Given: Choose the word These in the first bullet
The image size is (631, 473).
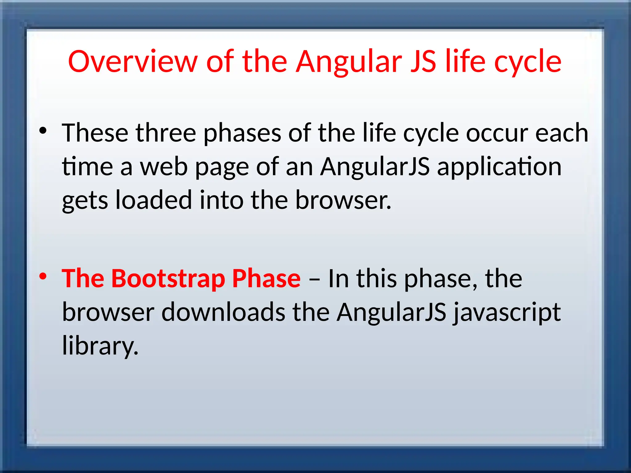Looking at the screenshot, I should [x=95, y=133].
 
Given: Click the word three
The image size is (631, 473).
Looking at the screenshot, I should [x=166, y=133].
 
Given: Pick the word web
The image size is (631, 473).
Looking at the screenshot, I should [x=164, y=167].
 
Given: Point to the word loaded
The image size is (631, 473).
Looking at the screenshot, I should [x=153, y=200].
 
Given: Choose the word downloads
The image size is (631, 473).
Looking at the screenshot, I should [x=223, y=312].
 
